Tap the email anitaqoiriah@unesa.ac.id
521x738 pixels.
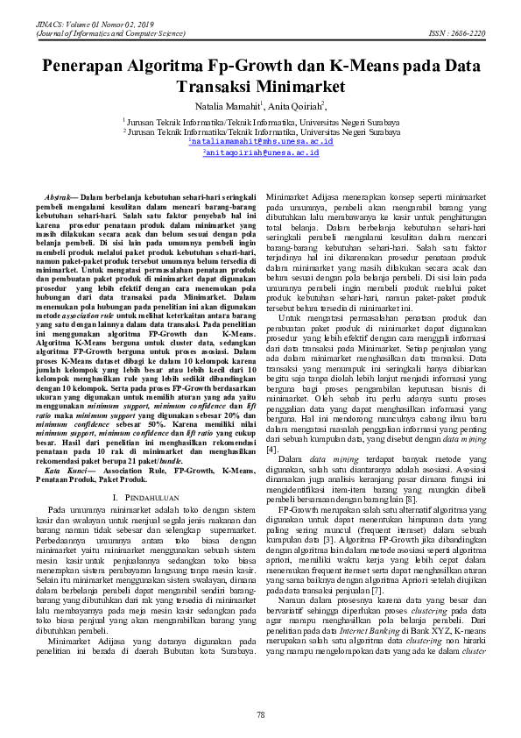point(260,153)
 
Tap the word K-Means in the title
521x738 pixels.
point(367,66)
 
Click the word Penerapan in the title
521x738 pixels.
point(88,66)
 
